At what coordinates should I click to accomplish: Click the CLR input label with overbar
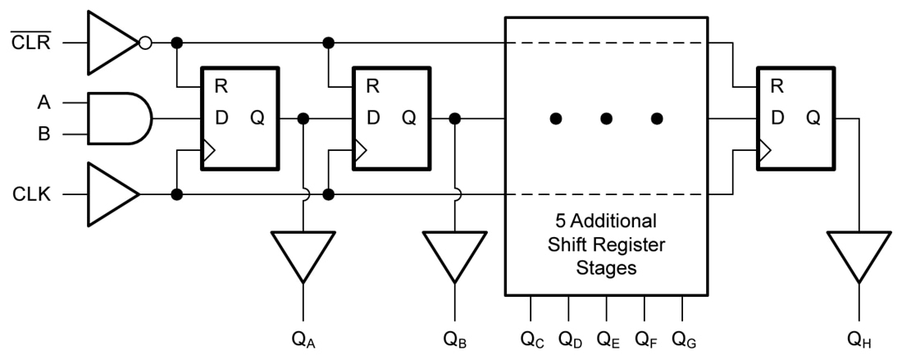(31, 42)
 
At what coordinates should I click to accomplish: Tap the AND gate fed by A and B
(119, 117)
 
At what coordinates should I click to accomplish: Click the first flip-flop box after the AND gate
(239, 118)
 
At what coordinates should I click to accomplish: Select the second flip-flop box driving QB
(390, 118)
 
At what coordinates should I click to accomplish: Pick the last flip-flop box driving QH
(795, 118)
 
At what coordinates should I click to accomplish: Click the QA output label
(304, 338)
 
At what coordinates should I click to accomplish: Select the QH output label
(859, 338)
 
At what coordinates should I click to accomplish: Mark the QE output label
(608, 338)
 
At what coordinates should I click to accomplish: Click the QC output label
(531, 338)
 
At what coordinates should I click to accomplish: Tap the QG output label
(683, 338)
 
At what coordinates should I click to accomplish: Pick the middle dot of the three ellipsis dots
(606, 118)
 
